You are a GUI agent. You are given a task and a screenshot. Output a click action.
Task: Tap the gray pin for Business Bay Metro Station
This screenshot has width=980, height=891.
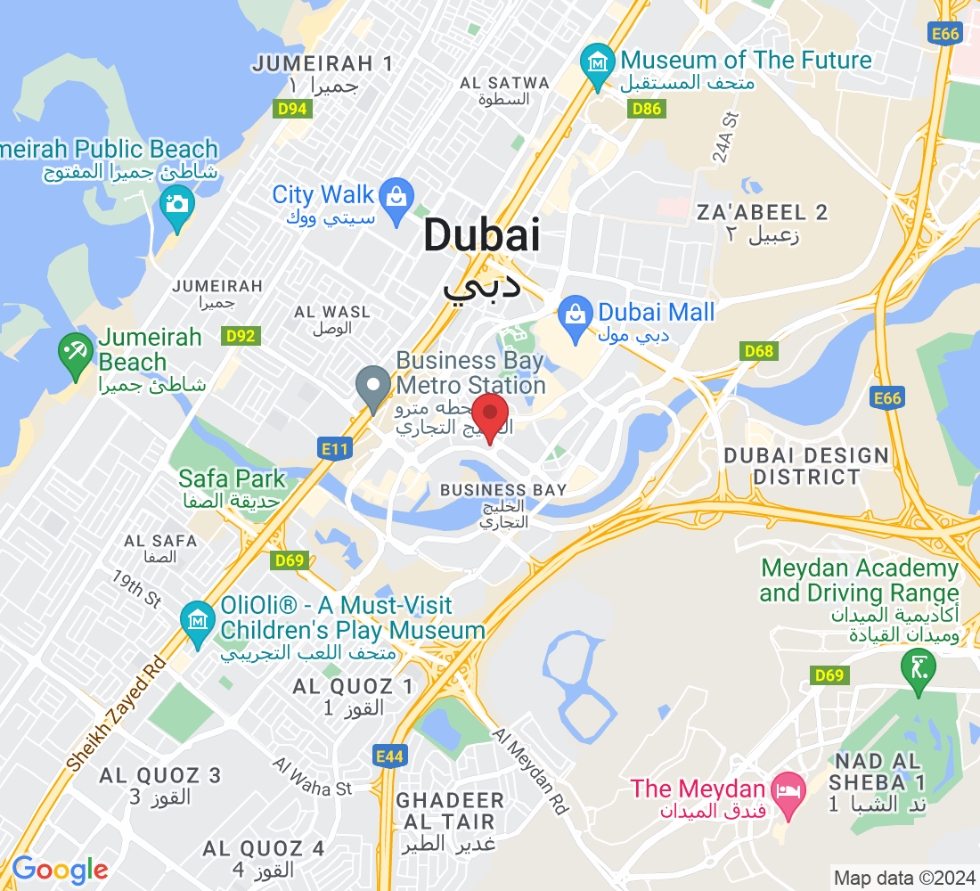pyautogui.click(x=372, y=388)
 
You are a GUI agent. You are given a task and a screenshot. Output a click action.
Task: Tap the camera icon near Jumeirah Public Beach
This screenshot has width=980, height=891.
pyautogui.click(x=177, y=203)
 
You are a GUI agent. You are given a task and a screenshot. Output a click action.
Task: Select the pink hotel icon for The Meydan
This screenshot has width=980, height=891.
pyautogui.click(x=788, y=788)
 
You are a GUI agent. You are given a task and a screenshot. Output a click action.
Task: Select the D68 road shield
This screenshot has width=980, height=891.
pyautogui.click(x=758, y=351)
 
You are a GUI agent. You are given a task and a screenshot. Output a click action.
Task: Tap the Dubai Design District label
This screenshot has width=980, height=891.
pyautogui.click(x=806, y=466)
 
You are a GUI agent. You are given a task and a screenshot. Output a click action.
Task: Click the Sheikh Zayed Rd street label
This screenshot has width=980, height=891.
pyautogui.click(x=117, y=713)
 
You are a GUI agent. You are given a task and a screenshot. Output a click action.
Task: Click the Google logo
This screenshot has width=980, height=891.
pyautogui.click(x=60, y=870)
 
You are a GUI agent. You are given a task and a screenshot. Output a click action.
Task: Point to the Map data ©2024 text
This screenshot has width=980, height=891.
pyautogui.click(x=903, y=877)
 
